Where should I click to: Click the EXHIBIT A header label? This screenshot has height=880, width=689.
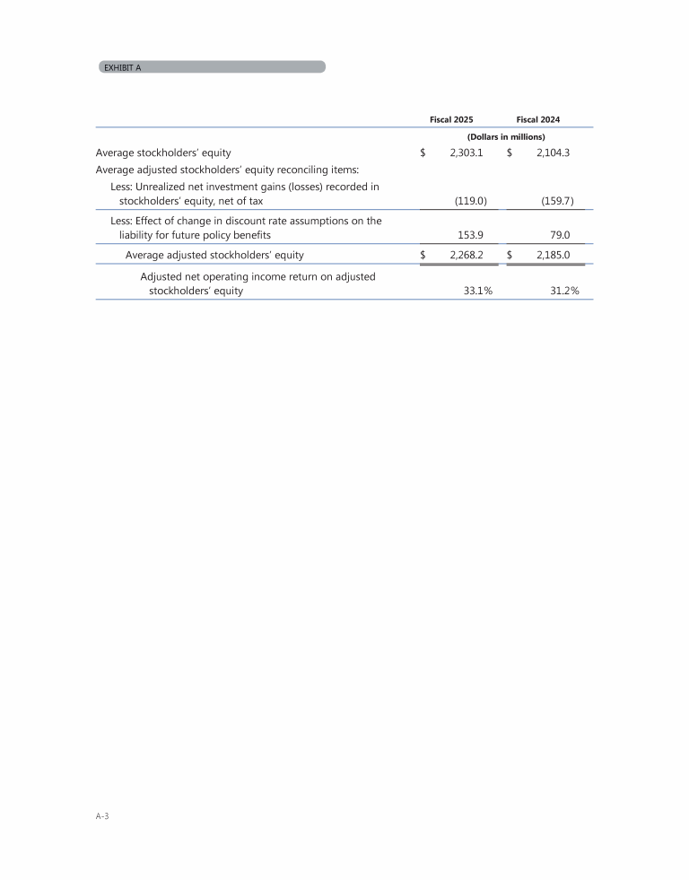coord(122,67)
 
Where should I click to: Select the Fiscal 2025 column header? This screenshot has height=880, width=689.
coord(452,119)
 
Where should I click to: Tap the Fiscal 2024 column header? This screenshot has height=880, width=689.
coord(538,119)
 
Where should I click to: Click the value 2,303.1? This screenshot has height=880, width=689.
coord(467,153)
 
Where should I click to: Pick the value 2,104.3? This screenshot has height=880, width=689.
coord(554,153)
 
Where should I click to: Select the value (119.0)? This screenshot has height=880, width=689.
coord(471,202)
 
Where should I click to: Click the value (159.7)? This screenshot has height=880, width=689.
coord(558,202)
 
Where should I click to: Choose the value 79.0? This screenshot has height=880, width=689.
coord(563,235)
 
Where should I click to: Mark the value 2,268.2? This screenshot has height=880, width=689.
coord(467,255)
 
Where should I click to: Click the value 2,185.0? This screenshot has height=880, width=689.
coord(554,255)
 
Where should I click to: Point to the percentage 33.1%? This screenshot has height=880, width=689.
coord(465,292)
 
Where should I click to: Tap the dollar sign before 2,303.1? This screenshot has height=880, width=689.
coord(423,153)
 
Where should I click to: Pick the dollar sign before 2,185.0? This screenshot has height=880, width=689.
coord(510,255)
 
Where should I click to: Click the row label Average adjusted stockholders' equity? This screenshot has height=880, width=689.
coord(214,255)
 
